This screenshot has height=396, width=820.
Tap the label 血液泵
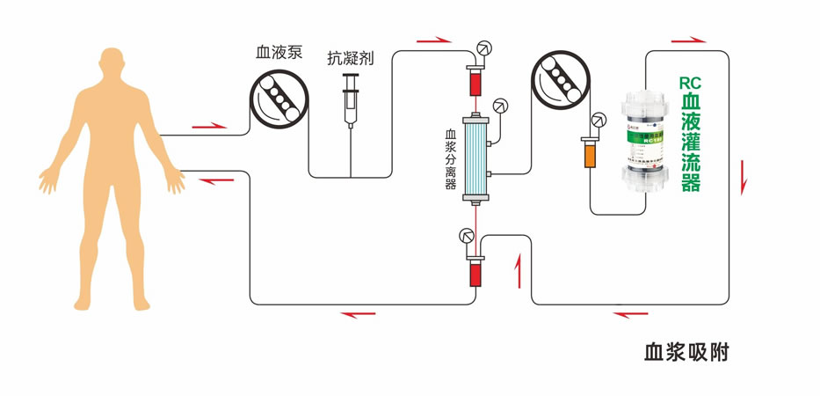pyautogui.click(x=279, y=53)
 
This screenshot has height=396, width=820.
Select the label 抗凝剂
pyautogui.click(x=351, y=58)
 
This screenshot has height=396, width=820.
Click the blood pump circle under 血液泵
pyautogui.click(x=277, y=98)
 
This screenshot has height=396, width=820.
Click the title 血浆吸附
pyautogui.click(x=686, y=354)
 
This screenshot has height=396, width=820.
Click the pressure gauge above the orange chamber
pyautogui.click(x=599, y=121)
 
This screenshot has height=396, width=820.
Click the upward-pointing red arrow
pyautogui.click(x=518, y=266)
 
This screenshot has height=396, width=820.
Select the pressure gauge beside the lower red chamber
pyautogui.click(x=466, y=235)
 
